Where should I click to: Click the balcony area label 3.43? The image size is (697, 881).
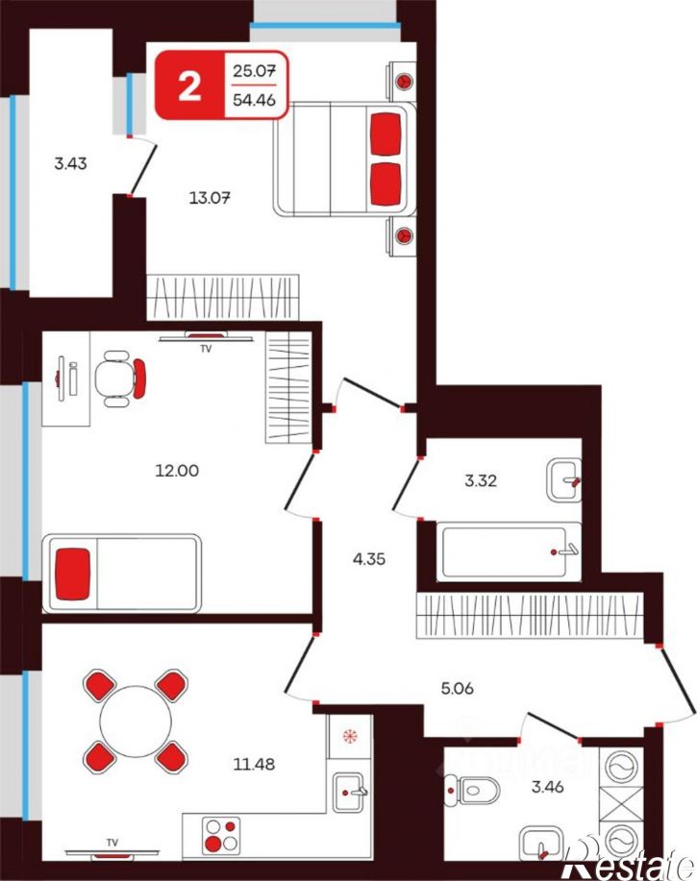coord(70,163)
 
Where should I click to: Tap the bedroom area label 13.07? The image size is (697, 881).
coord(210,198)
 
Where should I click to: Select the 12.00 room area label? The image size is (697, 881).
coord(177,470)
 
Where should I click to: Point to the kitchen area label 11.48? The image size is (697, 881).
coord(254,764)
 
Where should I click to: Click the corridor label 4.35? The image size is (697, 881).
coord(369,559)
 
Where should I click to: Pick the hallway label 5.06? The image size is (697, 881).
coord(457,688)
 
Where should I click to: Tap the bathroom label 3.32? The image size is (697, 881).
coord(481,481)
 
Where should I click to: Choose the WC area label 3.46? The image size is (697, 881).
coord(547,786)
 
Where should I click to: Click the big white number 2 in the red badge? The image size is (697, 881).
coord(189,86)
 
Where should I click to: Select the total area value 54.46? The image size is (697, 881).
coord(254,100)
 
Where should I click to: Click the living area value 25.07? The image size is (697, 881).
coord(254,71)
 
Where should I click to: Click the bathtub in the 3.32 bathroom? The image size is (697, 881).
coord(509,551)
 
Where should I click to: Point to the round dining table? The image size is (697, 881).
coord(136,722)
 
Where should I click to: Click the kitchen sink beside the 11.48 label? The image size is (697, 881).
coord(348,793)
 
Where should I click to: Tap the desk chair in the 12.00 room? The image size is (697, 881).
coord(120,379)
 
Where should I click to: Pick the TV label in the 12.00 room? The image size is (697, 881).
coord(206,349)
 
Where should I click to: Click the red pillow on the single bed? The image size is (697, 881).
coord(73,574)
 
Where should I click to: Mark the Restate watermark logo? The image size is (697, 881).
coord(629,858)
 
